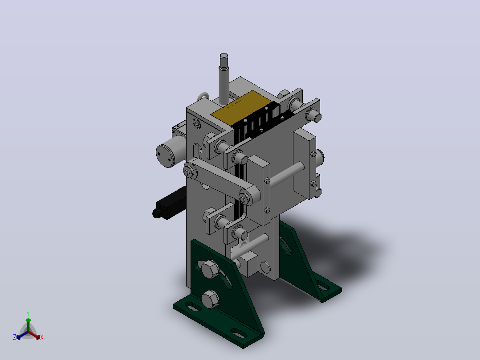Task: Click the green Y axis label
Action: coord(28,313)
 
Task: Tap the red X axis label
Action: coord(42,337)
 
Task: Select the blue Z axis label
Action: coord(15,337)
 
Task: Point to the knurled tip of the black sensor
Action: coord(157,213)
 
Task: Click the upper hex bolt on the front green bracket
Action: coord(210,269)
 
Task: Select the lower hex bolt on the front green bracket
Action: coord(210,299)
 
